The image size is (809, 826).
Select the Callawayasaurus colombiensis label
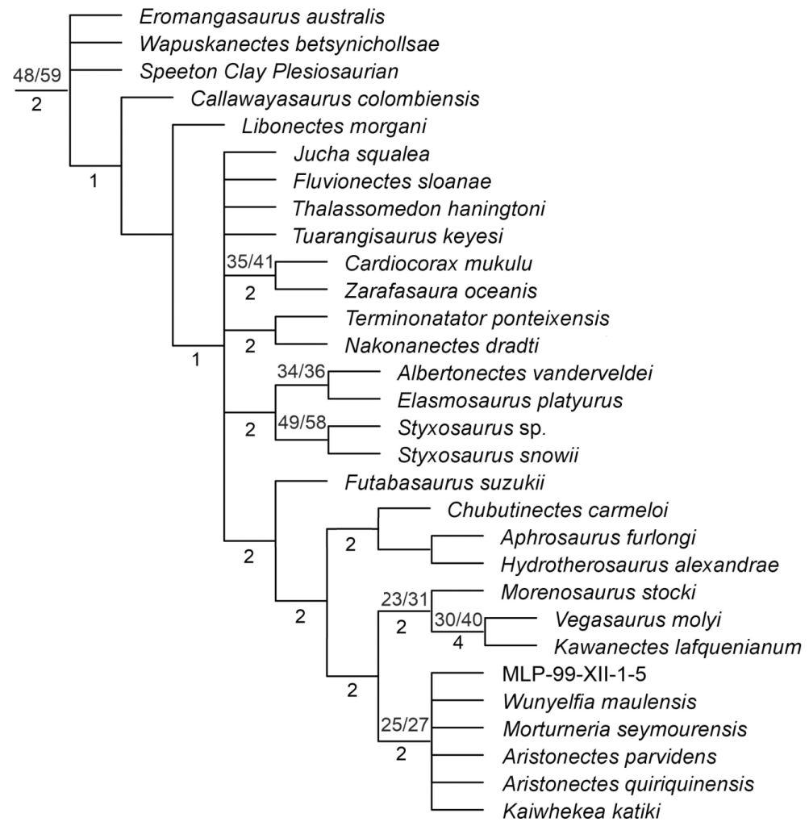pyautogui.click(x=336, y=99)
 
